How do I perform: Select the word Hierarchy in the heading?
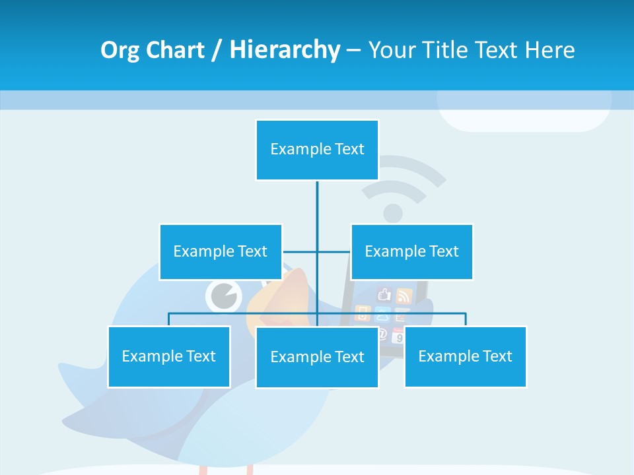tap(284, 50)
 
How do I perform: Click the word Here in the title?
tap(549, 50)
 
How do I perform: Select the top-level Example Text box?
tap(317, 150)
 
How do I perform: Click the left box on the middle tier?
tap(220, 251)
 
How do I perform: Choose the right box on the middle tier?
tap(411, 251)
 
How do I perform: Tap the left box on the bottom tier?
tap(168, 356)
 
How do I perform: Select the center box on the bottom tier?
tap(317, 357)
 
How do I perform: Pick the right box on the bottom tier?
tap(465, 356)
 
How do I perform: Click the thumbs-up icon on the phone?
tap(384, 295)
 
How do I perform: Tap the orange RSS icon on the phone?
tap(404, 296)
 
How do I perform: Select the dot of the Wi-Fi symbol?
tap(393, 213)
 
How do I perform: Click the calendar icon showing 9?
tap(398, 336)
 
